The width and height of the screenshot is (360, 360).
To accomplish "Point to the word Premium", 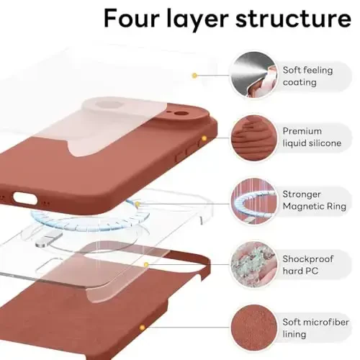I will coord(302,131).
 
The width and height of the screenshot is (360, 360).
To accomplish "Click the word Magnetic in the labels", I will coord(304,207).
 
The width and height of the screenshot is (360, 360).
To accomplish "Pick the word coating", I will coord(300,82).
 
